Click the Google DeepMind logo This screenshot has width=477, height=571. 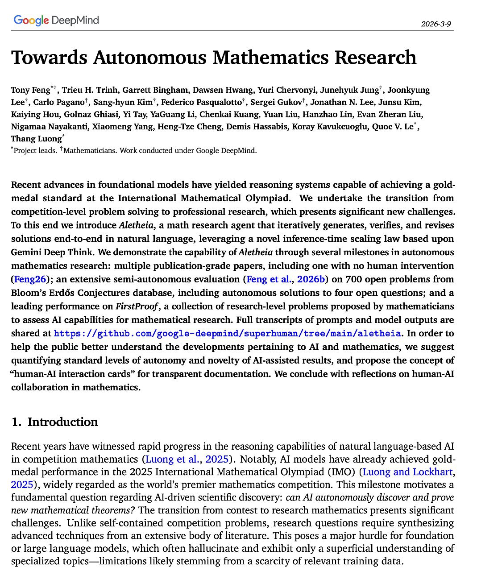56,20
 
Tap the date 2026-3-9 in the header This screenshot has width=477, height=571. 436,24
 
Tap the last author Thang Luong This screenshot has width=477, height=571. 36,139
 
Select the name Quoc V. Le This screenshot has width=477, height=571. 394,127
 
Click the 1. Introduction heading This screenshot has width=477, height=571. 54,422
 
